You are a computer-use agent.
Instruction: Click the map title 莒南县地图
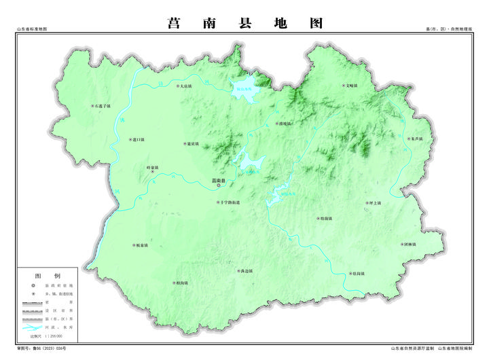(244, 22)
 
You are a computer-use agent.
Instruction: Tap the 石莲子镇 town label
(103, 107)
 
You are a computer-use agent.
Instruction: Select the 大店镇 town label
(185, 87)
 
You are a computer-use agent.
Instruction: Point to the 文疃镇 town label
(349, 86)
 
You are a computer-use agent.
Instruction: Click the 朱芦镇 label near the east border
(416, 139)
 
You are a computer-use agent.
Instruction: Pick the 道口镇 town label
(138, 140)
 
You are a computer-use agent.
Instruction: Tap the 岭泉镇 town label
(153, 167)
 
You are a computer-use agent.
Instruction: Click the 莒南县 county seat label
(218, 181)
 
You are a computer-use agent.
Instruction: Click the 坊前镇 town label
(325, 219)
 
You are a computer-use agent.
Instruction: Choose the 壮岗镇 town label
(357, 274)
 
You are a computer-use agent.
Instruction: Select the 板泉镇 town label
(141, 245)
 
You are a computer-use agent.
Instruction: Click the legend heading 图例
(48, 277)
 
